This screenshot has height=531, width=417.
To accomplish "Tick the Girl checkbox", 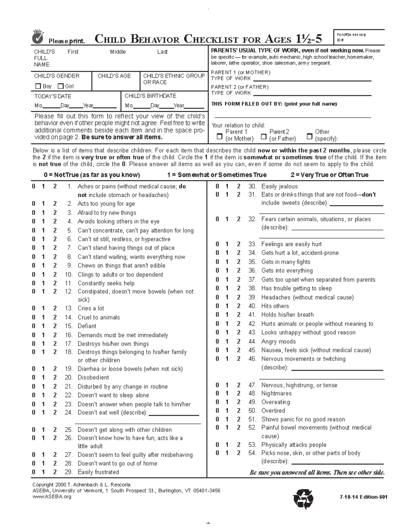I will [60, 86].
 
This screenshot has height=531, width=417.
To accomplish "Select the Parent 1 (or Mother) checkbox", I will [219, 136].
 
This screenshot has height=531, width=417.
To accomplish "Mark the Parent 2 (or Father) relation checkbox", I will [264, 136].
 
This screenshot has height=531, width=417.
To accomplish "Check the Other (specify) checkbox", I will [309, 136].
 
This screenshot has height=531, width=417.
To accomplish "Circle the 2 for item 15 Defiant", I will [55, 326].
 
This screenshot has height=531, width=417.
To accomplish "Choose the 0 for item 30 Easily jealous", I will [218, 186].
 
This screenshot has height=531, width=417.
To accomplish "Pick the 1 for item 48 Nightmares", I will [227, 394].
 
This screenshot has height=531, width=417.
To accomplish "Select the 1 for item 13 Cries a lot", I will [43, 308].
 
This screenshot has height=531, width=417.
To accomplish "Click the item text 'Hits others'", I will [275, 306].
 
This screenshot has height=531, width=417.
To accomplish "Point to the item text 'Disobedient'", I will [93, 378].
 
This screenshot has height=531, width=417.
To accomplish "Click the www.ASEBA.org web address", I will [51, 497].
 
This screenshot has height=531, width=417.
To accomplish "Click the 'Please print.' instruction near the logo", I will [66, 41].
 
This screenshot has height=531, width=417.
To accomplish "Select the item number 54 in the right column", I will [252, 453].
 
